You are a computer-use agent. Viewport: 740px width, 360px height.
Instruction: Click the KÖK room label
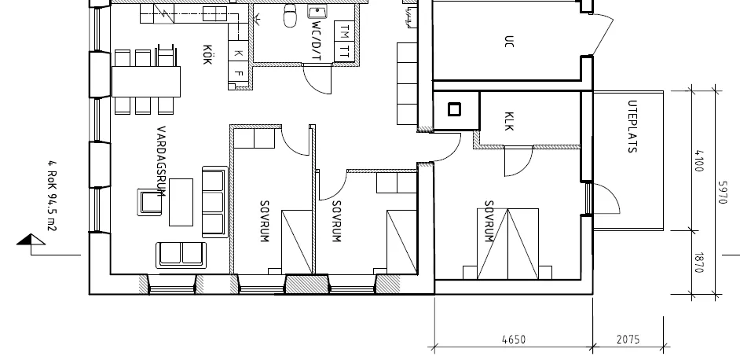(207, 53)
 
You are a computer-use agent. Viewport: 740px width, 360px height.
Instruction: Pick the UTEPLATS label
(632, 127)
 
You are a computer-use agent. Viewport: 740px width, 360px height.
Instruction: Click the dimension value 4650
(513, 340)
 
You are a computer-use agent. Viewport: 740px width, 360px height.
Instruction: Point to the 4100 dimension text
(698, 161)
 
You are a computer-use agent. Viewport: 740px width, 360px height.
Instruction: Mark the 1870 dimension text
(698, 263)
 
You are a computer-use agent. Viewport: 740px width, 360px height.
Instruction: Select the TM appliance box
(344, 31)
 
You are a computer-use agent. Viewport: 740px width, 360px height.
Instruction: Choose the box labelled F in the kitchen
(240, 73)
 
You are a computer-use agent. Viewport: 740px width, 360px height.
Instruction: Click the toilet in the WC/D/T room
(290, 11)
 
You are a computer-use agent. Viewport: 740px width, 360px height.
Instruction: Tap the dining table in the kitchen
(146, 80)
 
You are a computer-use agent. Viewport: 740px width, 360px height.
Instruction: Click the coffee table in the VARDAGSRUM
(181, 200)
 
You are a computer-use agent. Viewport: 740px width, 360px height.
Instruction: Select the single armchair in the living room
(148, 202)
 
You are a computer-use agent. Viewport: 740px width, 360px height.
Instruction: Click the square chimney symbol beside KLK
(454, 109)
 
